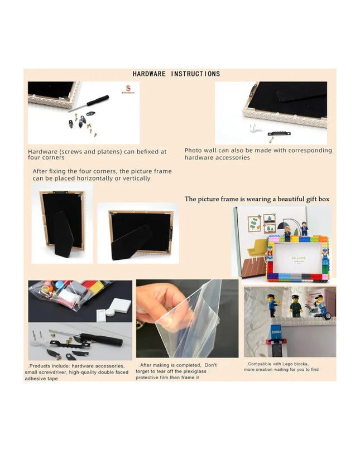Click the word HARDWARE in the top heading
pyautogui.click(x=149, y=74)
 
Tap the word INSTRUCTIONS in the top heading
pyautogui.click(x=196, y=74)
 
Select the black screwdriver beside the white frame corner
pyautogui.click(x=89, y=103)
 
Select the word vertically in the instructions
pyautogui.click(x=137, y=178)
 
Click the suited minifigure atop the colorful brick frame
pyautogui.click(x=304, y=229)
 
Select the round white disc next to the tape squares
pyautogui.click(x=110, y=312)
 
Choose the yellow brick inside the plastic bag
pyautogui.click(x=97, y=287)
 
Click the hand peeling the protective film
pyautogui.click(x=161, y=305)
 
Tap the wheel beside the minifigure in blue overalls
pyautogui.click(x=328, y=316)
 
